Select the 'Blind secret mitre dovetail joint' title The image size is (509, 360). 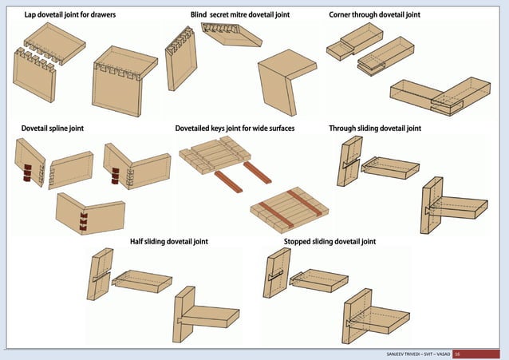click(240, 15)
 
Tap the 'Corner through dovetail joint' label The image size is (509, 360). click(375, 15)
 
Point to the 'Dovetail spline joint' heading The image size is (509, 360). click(53, 128)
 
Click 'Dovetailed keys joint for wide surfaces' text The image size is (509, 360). click(235, 128)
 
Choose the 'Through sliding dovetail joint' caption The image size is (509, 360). click(375, 128)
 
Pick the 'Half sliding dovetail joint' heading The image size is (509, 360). click(169, 241)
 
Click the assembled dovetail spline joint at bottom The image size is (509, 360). click(89, 215)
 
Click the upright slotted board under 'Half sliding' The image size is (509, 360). click(100, 273)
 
